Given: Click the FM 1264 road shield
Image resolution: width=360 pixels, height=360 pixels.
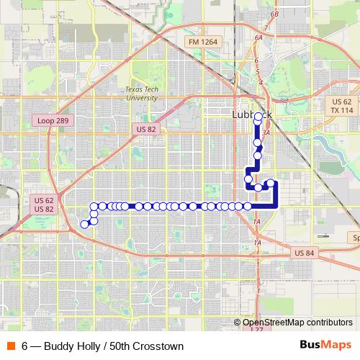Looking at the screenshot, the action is tap(203, 42).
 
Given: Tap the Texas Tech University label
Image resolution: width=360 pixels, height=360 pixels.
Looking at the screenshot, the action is tap(140, 93).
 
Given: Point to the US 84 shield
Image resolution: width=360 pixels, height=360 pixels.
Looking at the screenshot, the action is tap(305, 253).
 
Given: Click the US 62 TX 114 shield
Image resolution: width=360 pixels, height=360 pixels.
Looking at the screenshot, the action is tap(342, 106).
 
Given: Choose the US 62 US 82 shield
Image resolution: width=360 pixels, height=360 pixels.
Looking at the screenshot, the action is tap(44, 204).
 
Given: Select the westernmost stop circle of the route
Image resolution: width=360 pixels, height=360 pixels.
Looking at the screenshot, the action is tap(84, 224).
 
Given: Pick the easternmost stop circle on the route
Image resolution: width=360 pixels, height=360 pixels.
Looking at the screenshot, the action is tap(271, 183).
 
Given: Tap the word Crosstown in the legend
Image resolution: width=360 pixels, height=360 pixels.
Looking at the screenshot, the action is tap(156, 346).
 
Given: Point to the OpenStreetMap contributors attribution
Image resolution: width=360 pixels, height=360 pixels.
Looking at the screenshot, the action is tap(297, 323).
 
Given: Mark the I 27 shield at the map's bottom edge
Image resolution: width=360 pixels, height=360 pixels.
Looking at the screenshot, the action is tap(257, 328).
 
